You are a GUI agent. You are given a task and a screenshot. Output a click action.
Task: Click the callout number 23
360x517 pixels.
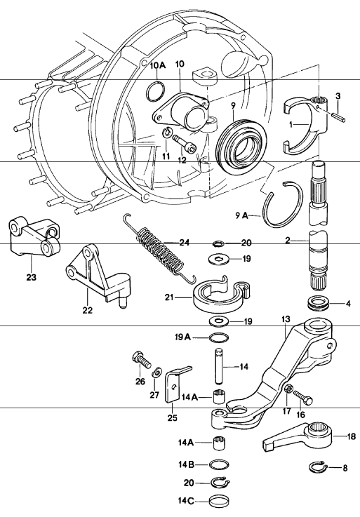pos(32,277)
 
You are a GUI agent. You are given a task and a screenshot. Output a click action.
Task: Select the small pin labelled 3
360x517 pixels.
pos(338,116)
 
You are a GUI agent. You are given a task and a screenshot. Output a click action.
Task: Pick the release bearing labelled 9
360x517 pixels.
pos(243,145)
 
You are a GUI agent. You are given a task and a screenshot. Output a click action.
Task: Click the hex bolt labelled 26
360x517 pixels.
pos(141,361)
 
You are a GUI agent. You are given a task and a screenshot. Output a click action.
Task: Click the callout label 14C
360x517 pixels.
pos(186,501)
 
